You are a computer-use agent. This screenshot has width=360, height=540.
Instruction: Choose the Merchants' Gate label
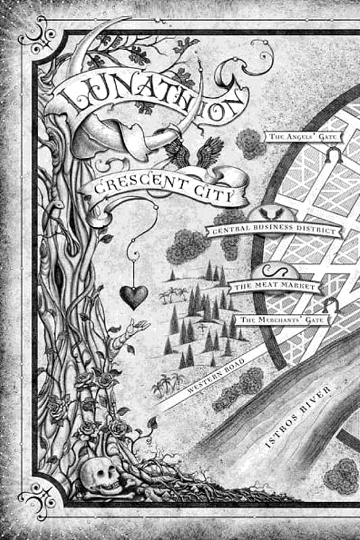284,317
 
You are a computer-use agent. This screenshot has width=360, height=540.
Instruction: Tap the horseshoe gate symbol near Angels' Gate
331,156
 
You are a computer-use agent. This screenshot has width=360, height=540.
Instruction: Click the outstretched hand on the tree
139,327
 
